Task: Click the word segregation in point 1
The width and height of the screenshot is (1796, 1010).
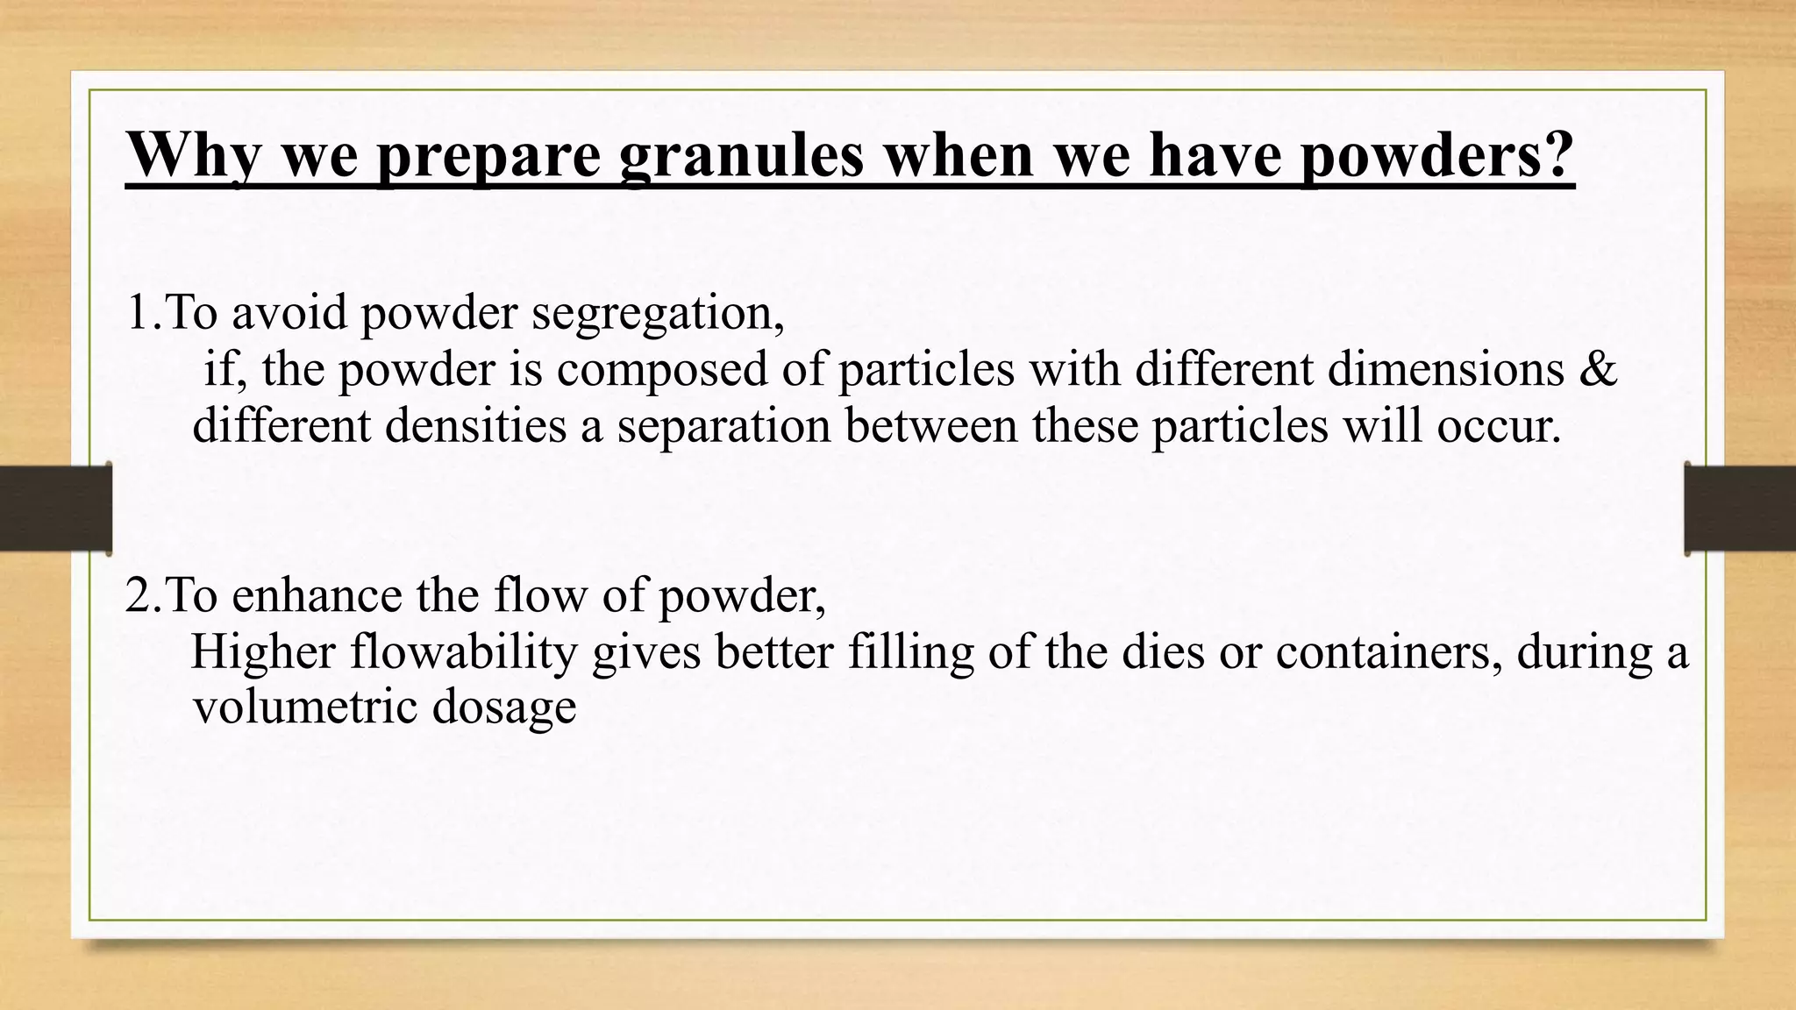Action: click(x=657, y=313)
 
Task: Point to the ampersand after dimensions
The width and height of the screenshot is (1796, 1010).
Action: click(x=1598, y=369)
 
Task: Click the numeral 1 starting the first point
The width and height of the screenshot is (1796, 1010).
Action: click(x=138, y=313)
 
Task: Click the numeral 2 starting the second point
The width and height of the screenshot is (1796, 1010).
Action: click(x=139, y=596)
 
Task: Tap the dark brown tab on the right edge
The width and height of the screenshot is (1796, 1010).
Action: click(x=1740, y=509)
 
